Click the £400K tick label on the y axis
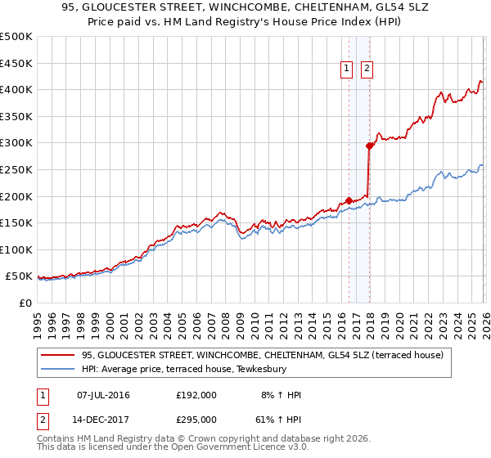16,89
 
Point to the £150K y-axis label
16,222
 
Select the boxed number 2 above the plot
367,70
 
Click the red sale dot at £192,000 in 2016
349,200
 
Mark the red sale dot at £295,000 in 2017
369,146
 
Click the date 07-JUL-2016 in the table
104,395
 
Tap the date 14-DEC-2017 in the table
104,419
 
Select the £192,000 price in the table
196,395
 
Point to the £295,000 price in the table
196,419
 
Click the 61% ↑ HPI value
278,419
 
